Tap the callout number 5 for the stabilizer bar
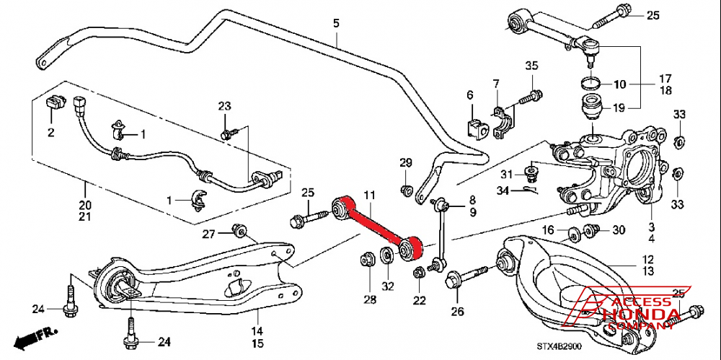[335, 23]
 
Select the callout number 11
[369, 195]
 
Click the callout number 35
[531, 66]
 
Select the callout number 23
[224, 107]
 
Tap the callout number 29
[406, 162]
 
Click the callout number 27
[208, 234]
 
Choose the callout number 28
[370, 299]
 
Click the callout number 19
[619, 109]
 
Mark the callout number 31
[508, 174]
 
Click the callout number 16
[548, 230]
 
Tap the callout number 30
[619, 230]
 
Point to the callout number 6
[469, 95]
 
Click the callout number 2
[51, 133]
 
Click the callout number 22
[419, 299]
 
